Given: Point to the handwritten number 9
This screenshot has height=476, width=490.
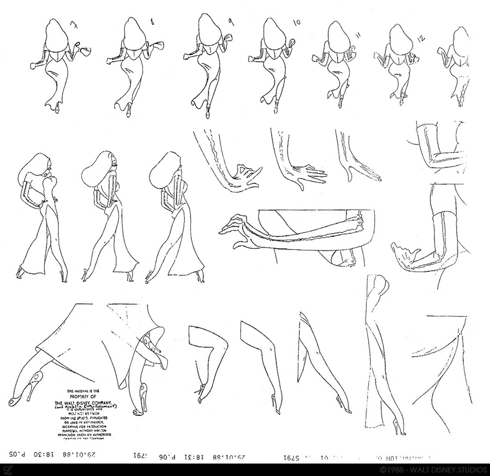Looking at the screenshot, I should (229, 21).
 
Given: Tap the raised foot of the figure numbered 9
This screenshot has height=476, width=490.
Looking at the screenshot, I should (208, 114).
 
